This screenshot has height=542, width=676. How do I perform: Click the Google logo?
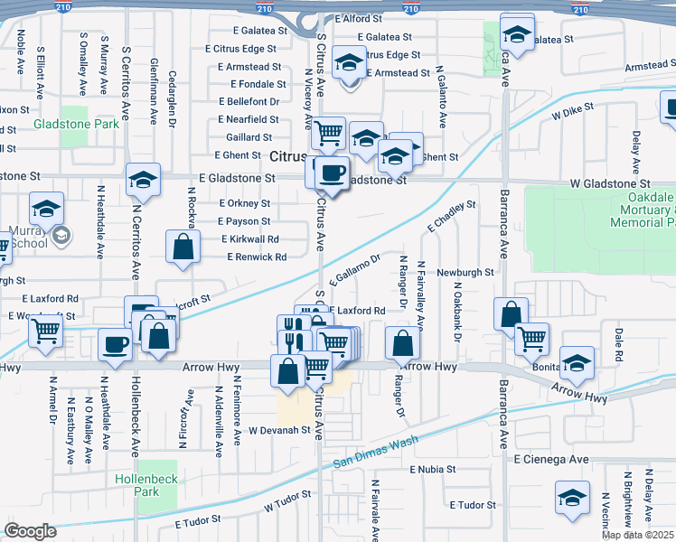click(x=30, y=530)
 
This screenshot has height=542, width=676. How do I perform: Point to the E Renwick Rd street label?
click(x=257, y=257)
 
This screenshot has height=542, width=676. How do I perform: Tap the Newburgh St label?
click(x=465, y=271)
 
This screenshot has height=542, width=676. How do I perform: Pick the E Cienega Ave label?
click(x=551, y=460)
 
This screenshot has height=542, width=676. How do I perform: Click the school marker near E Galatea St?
click(x=516, y=36)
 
